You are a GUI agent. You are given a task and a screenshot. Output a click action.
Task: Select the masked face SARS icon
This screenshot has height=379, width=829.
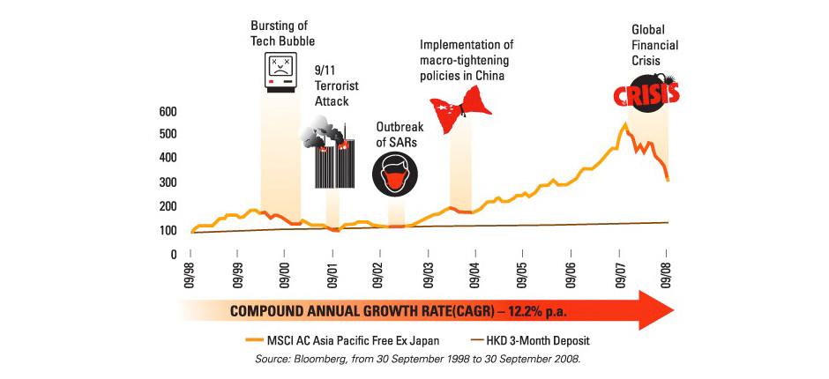[x=392, y=174]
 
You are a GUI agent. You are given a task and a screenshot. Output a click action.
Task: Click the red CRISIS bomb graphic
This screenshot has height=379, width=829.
[x=646, y=91]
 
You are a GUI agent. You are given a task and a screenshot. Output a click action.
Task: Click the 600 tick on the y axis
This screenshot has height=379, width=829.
[x=167, y=112]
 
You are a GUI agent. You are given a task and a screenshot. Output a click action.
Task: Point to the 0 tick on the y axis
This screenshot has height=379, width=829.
[x=173, y=254]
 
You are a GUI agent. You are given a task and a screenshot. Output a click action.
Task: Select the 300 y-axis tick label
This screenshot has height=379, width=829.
[x=167, y=183]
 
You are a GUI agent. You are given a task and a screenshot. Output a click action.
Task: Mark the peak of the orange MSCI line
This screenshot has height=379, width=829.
[x=624, y=124]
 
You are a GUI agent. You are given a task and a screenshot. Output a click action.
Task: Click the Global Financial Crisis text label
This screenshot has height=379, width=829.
[x=651, y=45]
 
